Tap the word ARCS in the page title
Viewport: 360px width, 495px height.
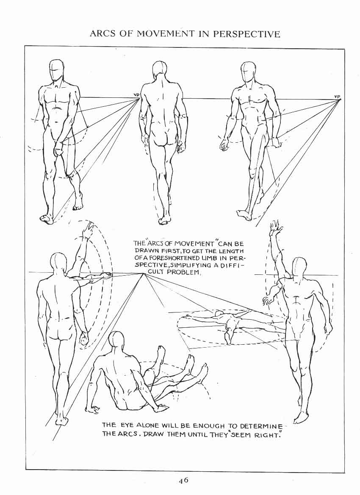tap(102, 34)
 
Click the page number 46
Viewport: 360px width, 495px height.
tap(183, 480)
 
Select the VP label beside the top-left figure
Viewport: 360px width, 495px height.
tap(136, 94)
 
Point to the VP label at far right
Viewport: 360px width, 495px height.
tap(337, 96)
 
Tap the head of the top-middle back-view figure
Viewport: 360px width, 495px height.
tap(160, 71)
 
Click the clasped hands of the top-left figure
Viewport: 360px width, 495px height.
tap(59, 148)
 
